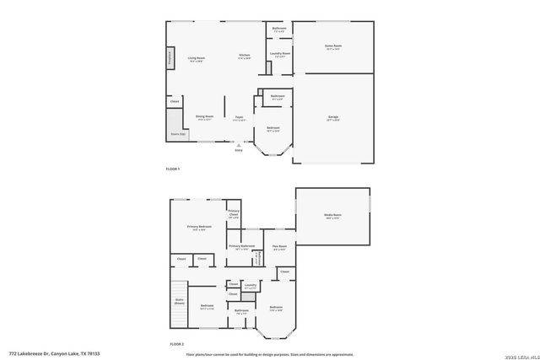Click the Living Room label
point(197,58)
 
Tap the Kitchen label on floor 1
point(245,57)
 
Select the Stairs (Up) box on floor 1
point(176,132)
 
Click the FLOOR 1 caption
point(172,169)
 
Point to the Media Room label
point(332,216)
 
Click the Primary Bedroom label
point(199,227)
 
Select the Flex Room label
point(279,247)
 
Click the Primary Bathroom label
point(241,246)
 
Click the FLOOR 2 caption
point(176,344)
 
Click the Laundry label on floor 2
point(250,286)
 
